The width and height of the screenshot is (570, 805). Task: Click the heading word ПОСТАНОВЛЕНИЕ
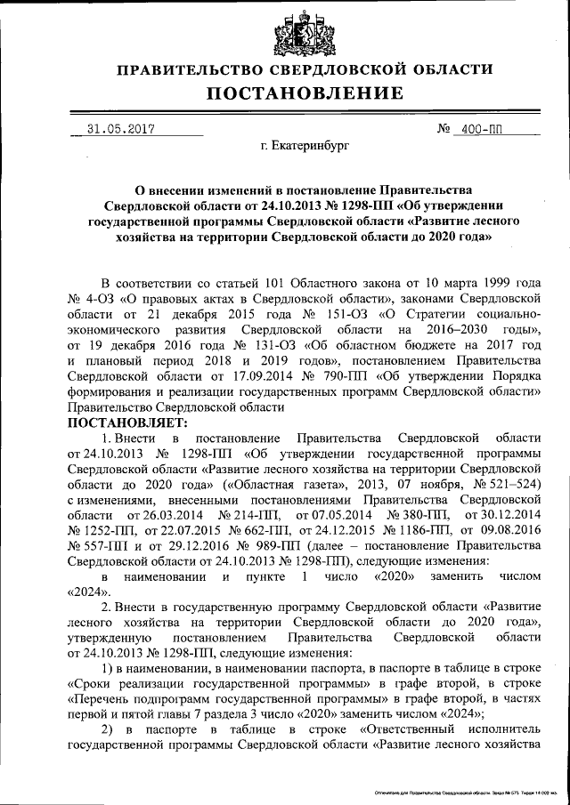305,93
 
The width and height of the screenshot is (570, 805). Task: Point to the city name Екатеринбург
305,145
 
